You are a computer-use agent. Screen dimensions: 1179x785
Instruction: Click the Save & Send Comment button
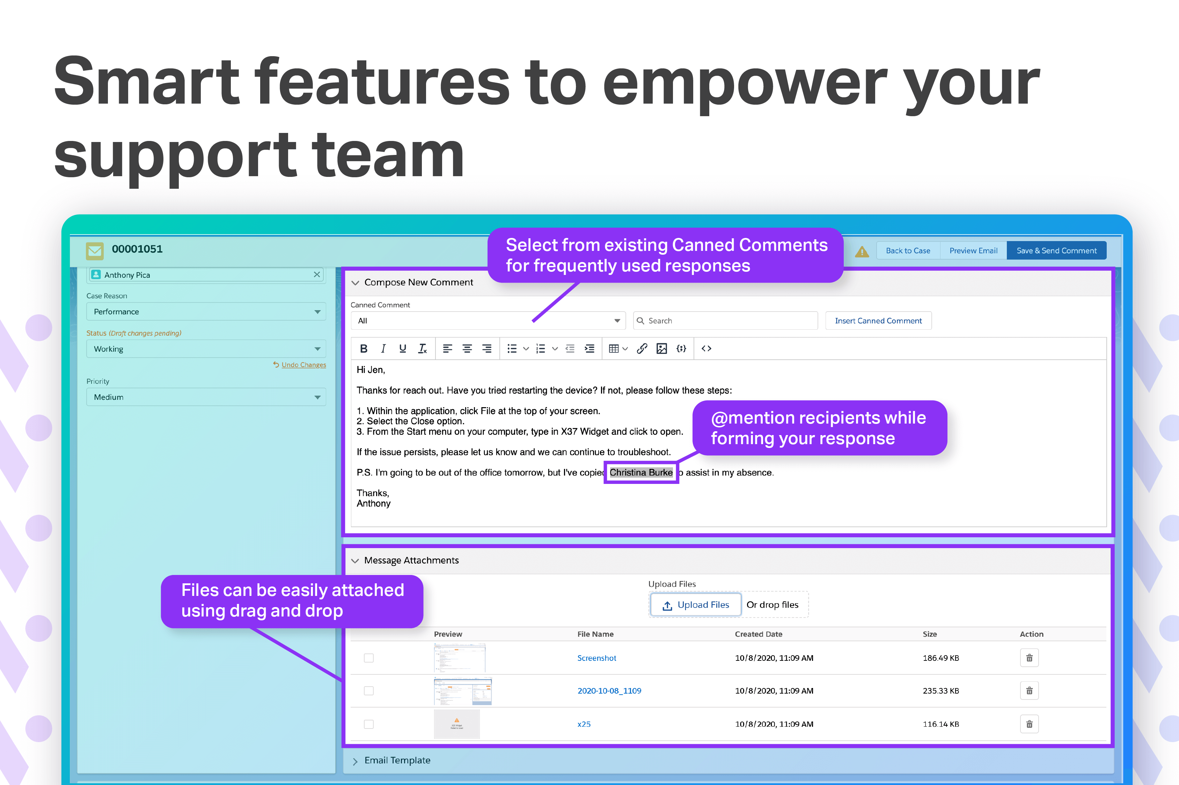[x=1056, y=250]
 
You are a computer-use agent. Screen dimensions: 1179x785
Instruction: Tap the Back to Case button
[x=908, y=250]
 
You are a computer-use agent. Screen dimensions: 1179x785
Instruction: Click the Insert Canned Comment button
[x=878, y=320]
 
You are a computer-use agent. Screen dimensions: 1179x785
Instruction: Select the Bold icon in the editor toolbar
[x=364, y=349]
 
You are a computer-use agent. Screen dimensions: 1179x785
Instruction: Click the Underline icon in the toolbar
[x=402, y=349]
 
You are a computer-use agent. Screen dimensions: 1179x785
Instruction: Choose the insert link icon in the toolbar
[x=642, y=349]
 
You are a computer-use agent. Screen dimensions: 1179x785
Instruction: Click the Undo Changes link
[x=303, y=365]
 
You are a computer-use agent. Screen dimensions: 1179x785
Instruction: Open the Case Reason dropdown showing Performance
[x=206, y=312]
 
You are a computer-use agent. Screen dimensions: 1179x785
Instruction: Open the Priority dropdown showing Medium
[x=206, y=397]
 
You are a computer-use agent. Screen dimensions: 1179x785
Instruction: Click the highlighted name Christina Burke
[x=641, y=472]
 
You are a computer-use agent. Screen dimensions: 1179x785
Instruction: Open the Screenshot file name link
[x=596, y=658]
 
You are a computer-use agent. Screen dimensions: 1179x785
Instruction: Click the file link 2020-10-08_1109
[x=609, y=690]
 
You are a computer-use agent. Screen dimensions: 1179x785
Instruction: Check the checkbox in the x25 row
[x=369, y=724]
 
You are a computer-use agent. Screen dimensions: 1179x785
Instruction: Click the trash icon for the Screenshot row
[x=1029, y=658]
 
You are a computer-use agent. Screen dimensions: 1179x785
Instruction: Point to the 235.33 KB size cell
[x=940, y=690]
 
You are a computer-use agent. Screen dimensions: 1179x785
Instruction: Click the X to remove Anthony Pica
[x=317, y=274]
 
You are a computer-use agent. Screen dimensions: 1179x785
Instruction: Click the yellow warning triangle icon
[x=862, y=251]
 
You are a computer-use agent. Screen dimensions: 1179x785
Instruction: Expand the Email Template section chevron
[x=355, y=761]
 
